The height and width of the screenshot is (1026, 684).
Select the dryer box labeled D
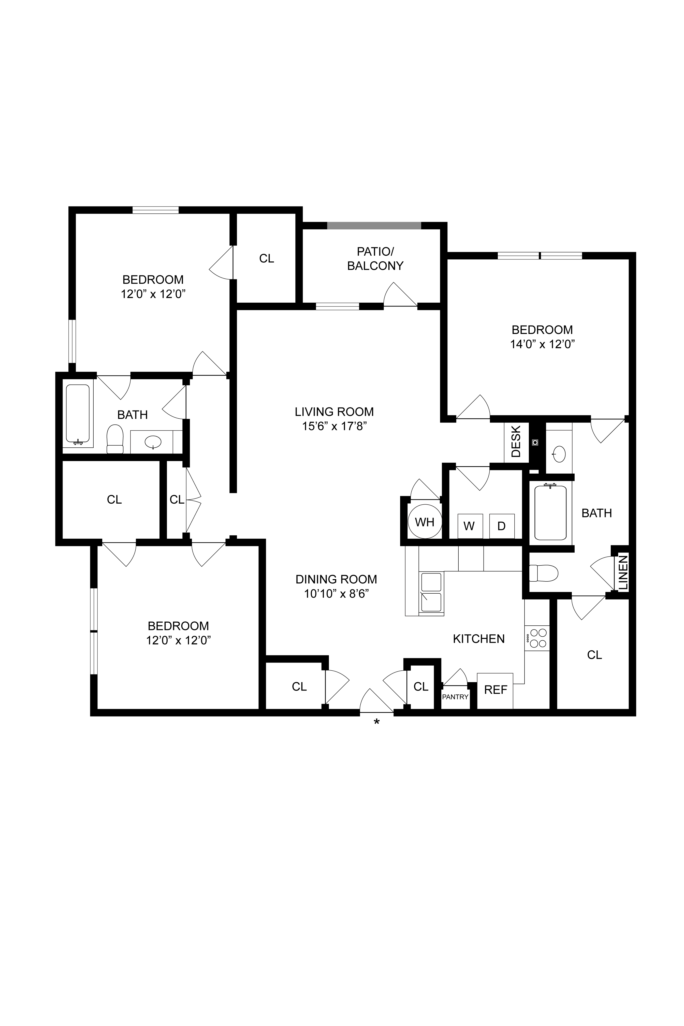(502, 526)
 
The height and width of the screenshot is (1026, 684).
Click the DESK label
(516, 442)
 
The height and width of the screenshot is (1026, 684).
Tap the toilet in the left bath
(115, 439)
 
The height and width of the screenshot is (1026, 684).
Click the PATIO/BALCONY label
(375, 259)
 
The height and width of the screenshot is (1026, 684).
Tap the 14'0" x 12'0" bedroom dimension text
(542, 344)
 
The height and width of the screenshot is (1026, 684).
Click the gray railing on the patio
(374, 225)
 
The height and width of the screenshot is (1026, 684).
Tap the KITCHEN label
(478, 639)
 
